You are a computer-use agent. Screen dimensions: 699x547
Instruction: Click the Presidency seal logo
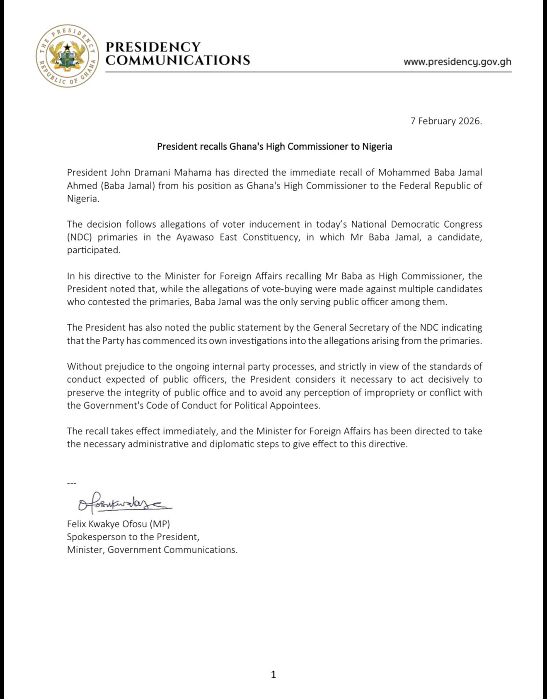coord(67,56)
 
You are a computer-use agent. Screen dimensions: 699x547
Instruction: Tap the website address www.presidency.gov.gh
coord(457,62)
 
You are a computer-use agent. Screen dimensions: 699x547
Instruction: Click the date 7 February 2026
coord(446,121)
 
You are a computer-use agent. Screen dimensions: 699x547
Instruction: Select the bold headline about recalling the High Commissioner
coord(274,146)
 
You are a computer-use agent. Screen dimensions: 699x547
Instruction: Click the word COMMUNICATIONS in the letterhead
coord(178,61)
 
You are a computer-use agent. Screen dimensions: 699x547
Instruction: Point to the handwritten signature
coord(124,502)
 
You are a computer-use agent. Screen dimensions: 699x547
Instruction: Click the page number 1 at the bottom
coord(273,675)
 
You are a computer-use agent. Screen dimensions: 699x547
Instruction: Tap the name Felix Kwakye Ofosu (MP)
coord(119,524)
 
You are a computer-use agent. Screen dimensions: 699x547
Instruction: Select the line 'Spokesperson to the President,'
coord(133,537)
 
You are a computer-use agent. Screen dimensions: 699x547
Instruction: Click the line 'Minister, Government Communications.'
coord(152,550)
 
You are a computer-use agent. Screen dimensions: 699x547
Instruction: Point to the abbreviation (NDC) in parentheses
coord(78,237)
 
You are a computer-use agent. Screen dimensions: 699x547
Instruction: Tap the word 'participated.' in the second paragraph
coord(94,250)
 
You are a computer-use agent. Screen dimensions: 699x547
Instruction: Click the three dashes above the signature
coord(72,483)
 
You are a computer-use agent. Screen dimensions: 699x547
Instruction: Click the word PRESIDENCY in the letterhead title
coord(153,47)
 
